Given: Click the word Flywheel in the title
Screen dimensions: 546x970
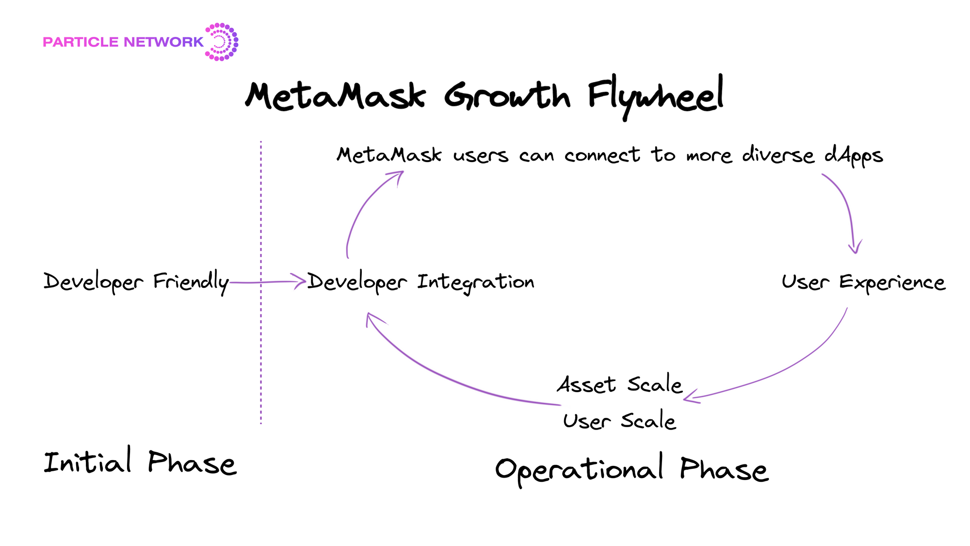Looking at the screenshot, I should (x=656, y=96).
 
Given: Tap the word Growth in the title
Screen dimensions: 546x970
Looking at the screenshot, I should (x=507, y=95).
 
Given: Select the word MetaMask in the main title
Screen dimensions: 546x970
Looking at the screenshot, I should (x=336, y=95).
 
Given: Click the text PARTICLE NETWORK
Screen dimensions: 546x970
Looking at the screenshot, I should (x=123, y=42).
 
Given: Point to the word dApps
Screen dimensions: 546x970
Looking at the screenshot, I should (x=854, y=156).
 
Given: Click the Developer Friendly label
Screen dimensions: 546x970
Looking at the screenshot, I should (x=136, y=281).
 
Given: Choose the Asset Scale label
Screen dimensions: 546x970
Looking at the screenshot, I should (x=619, y=384).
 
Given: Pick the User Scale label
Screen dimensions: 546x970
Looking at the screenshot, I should (x=619, y=420).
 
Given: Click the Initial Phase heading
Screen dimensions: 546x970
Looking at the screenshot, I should (x=140, y=462).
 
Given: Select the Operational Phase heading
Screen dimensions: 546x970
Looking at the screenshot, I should (x=631, y=469).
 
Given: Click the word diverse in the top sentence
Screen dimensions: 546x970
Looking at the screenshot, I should (x=778, y=155).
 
